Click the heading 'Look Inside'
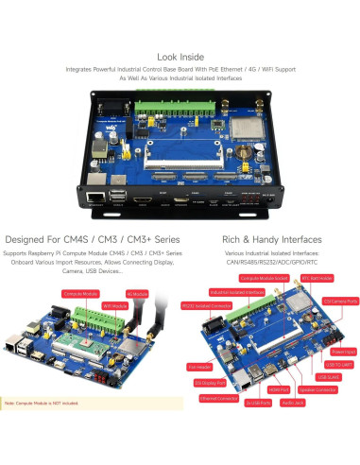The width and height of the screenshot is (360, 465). coord(180,57)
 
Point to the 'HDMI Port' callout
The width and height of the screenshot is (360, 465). coord(278,390)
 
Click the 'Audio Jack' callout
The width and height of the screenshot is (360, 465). coord(292,403)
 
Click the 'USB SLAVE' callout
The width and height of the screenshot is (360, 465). coord(336,377)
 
